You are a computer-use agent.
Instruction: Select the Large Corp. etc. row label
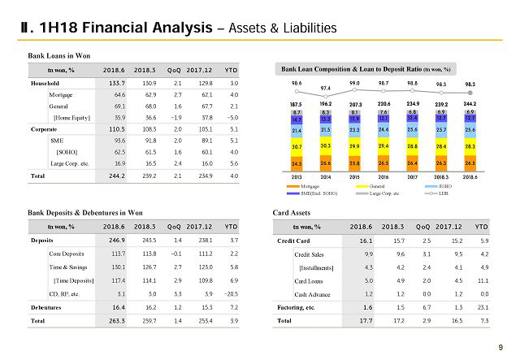click(70, 163)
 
